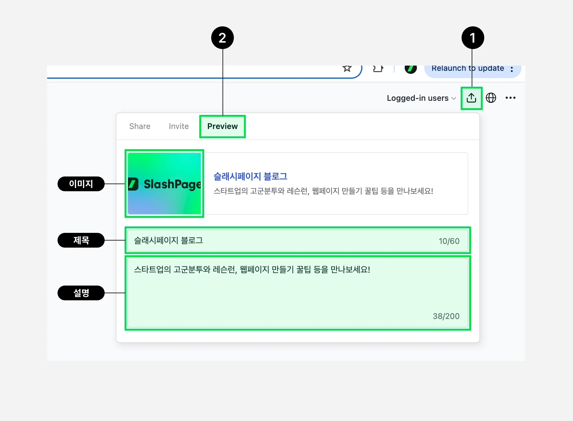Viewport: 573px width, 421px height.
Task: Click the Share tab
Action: (x=140, y=126)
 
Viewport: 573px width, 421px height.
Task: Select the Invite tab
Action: (x=179, y=126)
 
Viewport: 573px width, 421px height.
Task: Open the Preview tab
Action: (x=223, y=126)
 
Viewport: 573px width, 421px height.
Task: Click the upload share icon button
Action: (x=471, y=98)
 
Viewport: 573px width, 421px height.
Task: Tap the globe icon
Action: (x=491, y=98)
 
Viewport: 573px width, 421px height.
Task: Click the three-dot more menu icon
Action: (x=510, y=98)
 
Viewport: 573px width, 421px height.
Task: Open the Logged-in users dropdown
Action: (x=421, y=98)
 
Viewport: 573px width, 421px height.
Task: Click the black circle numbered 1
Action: (x=473, y=38)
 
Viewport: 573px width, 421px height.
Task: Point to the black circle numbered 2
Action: (x=223, y=38)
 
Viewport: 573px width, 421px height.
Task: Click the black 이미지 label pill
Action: (x=81, y=184)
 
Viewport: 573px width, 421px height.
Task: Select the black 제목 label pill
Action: (x=81, y=240)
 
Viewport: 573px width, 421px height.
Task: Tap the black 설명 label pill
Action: (x=81, y=293)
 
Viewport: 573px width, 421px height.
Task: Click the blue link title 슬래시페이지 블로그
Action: (x=250, y=176)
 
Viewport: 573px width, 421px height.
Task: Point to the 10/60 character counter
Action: (x=449, y=241)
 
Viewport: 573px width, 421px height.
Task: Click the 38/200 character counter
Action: (x=446, y=316)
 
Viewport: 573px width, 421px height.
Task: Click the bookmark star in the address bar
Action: (x=347, y=68)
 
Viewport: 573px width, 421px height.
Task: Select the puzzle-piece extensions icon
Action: (x=378, y=69)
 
